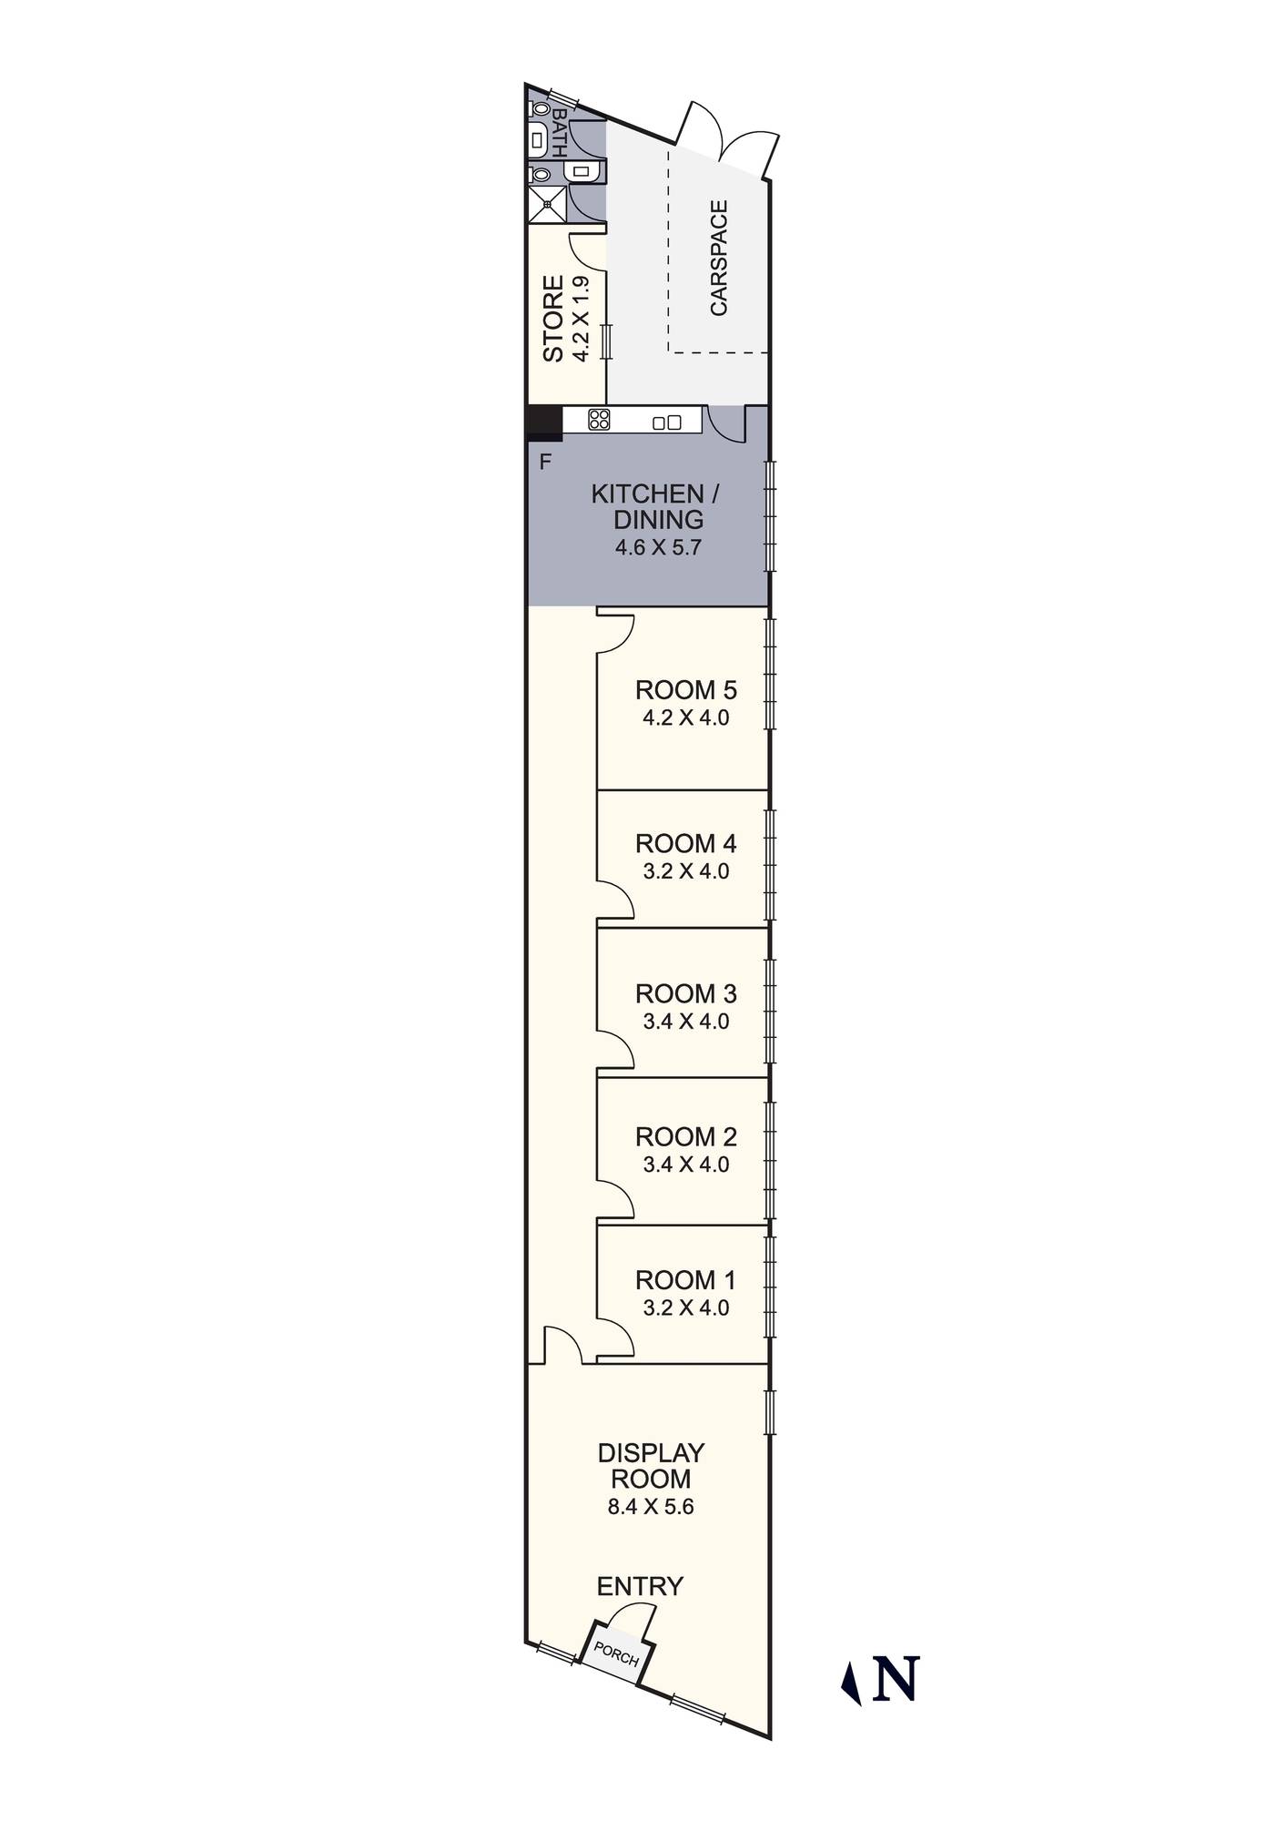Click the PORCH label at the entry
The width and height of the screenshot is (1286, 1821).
(616, 1653)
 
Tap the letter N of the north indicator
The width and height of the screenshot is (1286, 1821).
(896, 1678)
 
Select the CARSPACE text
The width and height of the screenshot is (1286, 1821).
(719, 259)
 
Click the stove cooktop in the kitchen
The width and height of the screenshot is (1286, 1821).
(599, 420)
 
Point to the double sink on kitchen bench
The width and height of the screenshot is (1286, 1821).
(667, 422)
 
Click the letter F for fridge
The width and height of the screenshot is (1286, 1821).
(545, 463)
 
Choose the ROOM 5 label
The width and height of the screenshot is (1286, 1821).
(685, 690)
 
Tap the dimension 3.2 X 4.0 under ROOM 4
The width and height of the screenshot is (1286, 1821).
(685, 871)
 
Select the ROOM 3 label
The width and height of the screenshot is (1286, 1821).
(685, 993)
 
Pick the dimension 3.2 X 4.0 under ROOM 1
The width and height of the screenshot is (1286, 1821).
(685, 1308)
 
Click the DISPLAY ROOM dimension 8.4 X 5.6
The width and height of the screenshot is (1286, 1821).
(651, 1507)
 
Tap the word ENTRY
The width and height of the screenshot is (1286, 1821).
(639, 1586)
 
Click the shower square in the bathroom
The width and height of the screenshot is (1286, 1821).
(547, 204)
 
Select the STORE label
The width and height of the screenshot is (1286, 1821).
(553, 319)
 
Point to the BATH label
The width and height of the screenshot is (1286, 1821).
(559, 133)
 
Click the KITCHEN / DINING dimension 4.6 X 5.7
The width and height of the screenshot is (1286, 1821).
(658, 548)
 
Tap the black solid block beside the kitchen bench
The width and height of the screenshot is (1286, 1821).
(544, 423)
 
